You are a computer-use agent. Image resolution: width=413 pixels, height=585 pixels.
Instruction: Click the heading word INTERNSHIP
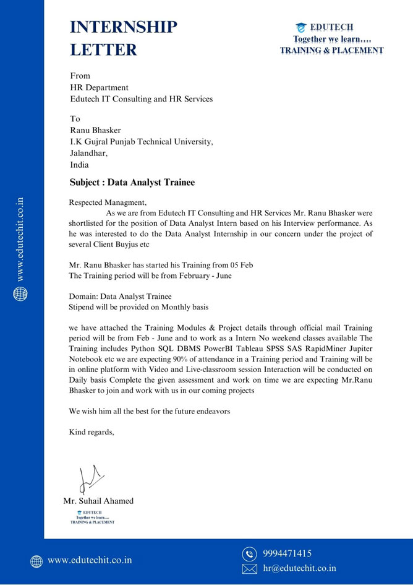[x=123, y=27]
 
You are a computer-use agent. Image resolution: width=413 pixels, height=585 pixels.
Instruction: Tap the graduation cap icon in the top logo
[x=301, y=27]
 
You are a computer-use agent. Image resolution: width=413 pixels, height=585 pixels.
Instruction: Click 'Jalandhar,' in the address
[x=88, y=153]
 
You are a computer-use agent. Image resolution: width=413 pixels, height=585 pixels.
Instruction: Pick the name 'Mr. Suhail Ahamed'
[x=98, y=500]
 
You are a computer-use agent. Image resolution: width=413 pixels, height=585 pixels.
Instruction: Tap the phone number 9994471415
[x=287, y=553]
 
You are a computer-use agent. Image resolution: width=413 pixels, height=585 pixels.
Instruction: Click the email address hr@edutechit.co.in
[x=299, y=568]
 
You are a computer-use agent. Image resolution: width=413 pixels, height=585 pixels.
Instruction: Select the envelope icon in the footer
[x=249, y=568]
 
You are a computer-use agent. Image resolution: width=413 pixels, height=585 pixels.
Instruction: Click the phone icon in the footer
[x=249, y=553]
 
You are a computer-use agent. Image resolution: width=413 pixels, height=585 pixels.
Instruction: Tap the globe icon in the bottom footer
[x=37, y=561]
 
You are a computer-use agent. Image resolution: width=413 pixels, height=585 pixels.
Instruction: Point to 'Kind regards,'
[x=92, y=432]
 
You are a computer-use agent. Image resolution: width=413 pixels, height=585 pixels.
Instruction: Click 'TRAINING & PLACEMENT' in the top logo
[x=332, y=51]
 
